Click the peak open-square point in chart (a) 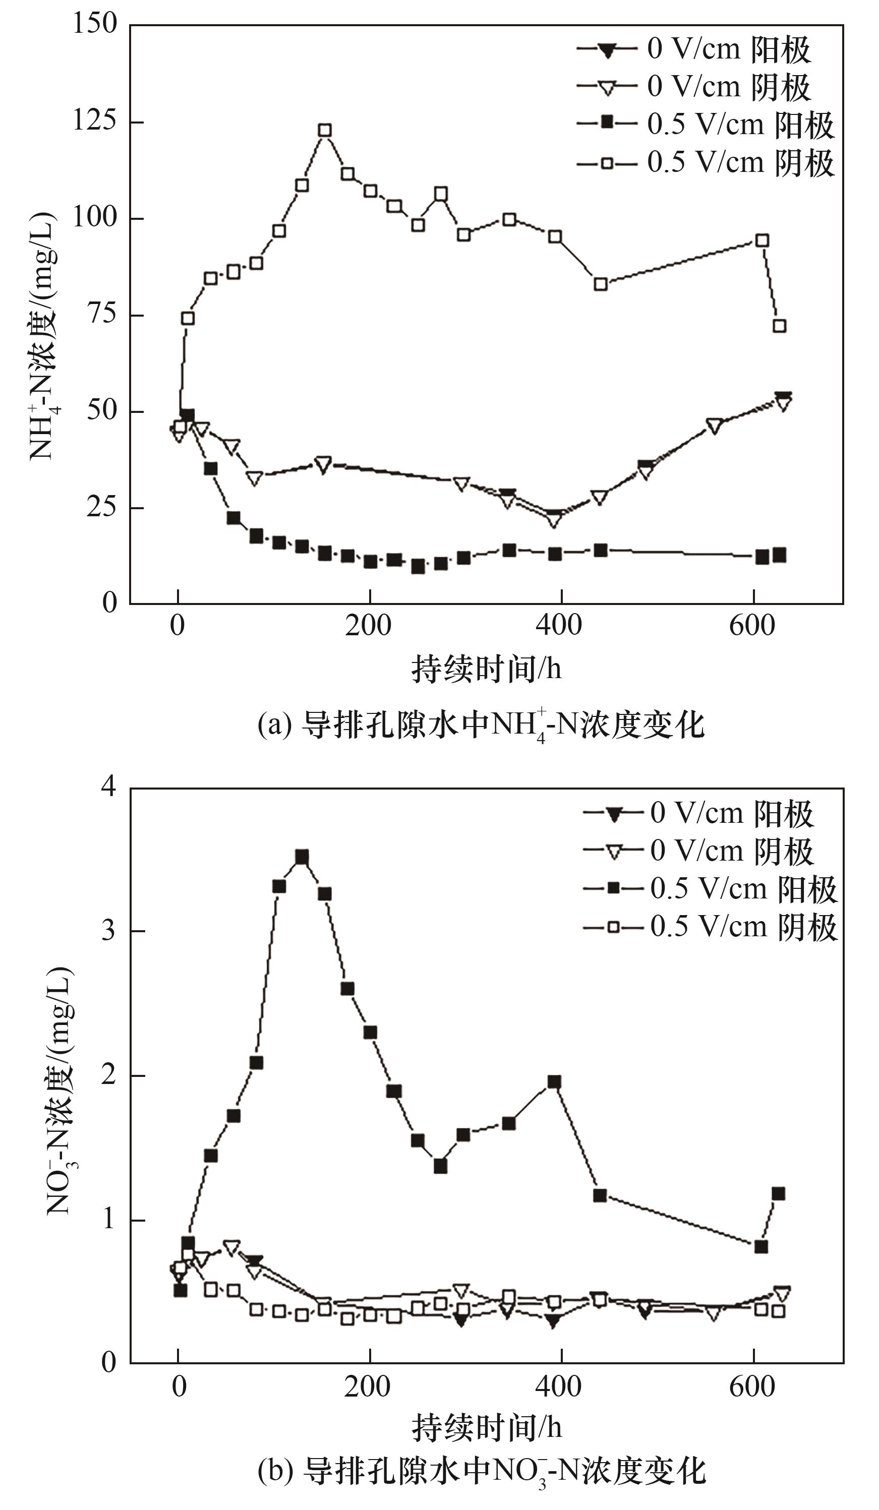pyautogui.click(x=325, y=131)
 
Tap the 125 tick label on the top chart pyautogui.click(x=95, y=121)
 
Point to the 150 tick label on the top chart pyautogui.click(x=95, y=24)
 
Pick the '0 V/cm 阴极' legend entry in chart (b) pyautogui.click(x=698, y=852)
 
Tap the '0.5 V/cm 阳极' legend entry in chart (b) pyautogui.click(x=710, y=889)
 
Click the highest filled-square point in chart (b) pyautogui.click(x=302, y=857)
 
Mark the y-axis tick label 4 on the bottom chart pyautogui.click(x=108, y=787)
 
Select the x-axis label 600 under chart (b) pyautogui.click(x=752, y=1387)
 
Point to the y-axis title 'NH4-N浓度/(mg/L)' pyautogui.click(x=43, y=336)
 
